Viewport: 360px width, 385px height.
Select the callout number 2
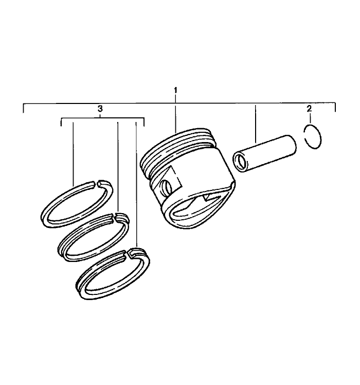(x=309, y=109)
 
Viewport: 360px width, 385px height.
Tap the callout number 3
(x=100, y=109)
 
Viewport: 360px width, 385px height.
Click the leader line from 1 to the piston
(x=176, y=116)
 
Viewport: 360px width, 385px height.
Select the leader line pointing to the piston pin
(x=256, y=124)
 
